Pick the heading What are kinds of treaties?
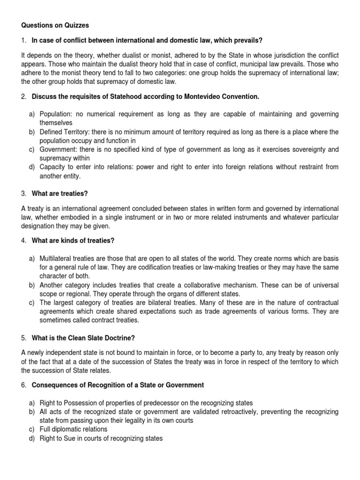(x=73, y=241)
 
